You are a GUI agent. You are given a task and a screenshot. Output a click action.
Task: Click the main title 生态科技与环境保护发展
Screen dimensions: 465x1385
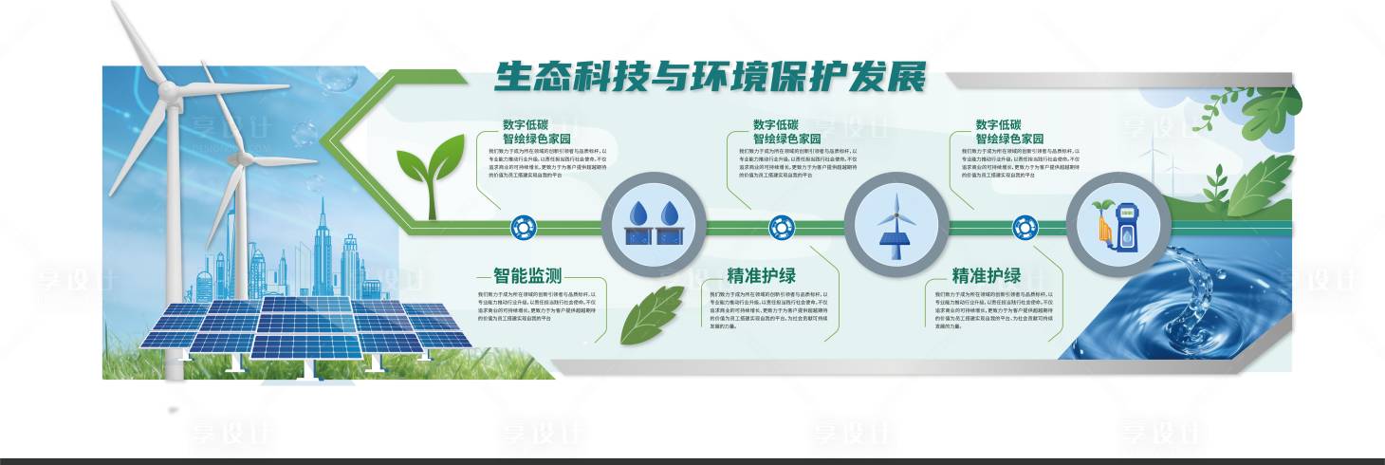click(x=709, y=78)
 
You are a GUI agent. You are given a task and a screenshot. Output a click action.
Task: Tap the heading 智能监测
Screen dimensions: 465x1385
click(x=527, y=276)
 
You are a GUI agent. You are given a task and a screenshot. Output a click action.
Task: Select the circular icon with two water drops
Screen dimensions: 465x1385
click(x=655, y=224)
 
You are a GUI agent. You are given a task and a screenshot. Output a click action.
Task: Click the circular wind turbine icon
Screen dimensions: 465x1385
click(x=896, y=225)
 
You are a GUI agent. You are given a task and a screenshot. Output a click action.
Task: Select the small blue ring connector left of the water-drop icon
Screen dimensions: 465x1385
click(x=523, y=227)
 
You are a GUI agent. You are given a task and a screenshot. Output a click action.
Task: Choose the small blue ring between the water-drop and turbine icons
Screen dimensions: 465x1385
click(x=781, y=227)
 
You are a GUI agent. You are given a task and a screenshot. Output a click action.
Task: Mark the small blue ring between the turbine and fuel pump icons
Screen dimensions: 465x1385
click(x=1025, y=227)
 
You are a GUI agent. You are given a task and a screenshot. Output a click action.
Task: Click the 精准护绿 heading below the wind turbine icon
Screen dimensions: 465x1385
click(x=761, y=276)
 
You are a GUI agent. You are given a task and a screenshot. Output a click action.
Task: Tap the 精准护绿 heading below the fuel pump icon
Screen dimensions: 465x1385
click(x=987, y=276)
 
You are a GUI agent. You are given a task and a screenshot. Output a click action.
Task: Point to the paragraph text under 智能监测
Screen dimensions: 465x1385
click(x=536, y=308)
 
